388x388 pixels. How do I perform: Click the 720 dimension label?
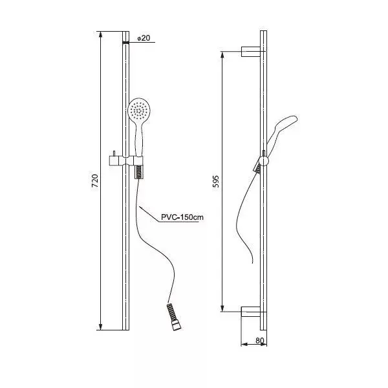pyautogui.click(x=95, y=180)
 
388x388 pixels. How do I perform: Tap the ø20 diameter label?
pyautogui.click(x=144, y=38)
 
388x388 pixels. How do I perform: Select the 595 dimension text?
pyautogui.click(x=216, y=181)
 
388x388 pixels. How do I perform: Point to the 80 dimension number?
pyautogui.click(x=260, y=341)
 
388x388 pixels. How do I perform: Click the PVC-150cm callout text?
pyautogui.click(x=182, y=217)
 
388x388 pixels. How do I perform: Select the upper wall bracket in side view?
pyautogui.click(x=251, y=52)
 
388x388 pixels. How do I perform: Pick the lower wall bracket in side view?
pyautogui.click(x=251, y=312)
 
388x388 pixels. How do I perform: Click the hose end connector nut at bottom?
pyautogui.click(x=177, y=325)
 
